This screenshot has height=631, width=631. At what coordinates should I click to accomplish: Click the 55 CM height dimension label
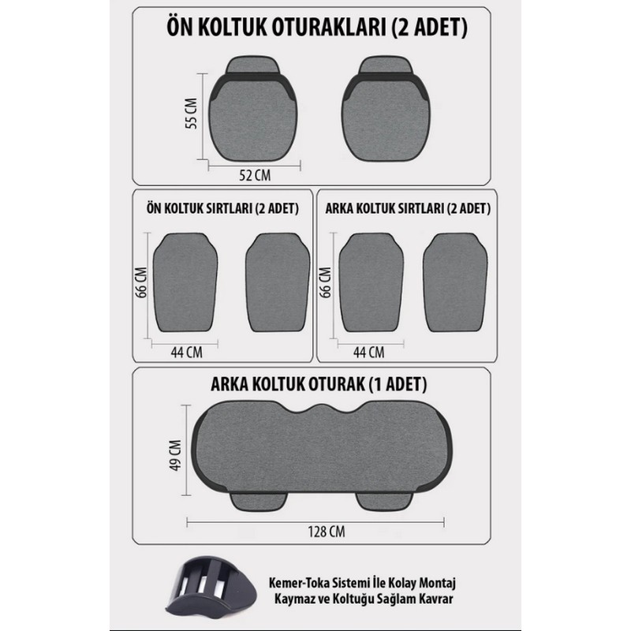[191, 114]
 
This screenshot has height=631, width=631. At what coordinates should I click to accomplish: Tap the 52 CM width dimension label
[255, 175]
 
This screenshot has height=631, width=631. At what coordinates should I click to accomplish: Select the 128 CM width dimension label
[327, 532]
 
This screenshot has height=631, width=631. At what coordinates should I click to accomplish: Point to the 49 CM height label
[175, 455]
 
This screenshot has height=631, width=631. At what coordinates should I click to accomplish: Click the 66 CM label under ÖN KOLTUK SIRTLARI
[141, 282]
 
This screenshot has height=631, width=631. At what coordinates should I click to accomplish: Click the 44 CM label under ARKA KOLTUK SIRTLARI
[368, 353]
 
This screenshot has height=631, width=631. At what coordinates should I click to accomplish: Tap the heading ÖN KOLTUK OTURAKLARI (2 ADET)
[317, 28]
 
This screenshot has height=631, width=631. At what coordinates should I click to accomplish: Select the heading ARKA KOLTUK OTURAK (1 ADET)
[319, 384]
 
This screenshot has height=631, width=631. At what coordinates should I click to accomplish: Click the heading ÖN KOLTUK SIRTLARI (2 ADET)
[222, 208]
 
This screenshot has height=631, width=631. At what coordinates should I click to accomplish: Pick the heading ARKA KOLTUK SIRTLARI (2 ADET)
[408, 208]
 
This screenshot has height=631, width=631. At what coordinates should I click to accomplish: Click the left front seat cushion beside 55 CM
[252, 109]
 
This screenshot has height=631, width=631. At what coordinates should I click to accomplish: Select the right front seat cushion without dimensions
[386, 109]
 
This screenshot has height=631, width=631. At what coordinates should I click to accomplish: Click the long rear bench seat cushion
[322, 447]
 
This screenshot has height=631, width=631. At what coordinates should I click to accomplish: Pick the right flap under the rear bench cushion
[384, 502]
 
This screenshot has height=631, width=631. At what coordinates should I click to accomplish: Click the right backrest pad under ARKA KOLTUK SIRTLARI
[455, 282]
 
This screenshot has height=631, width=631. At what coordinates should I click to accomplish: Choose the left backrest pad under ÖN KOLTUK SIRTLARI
[185, 282]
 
